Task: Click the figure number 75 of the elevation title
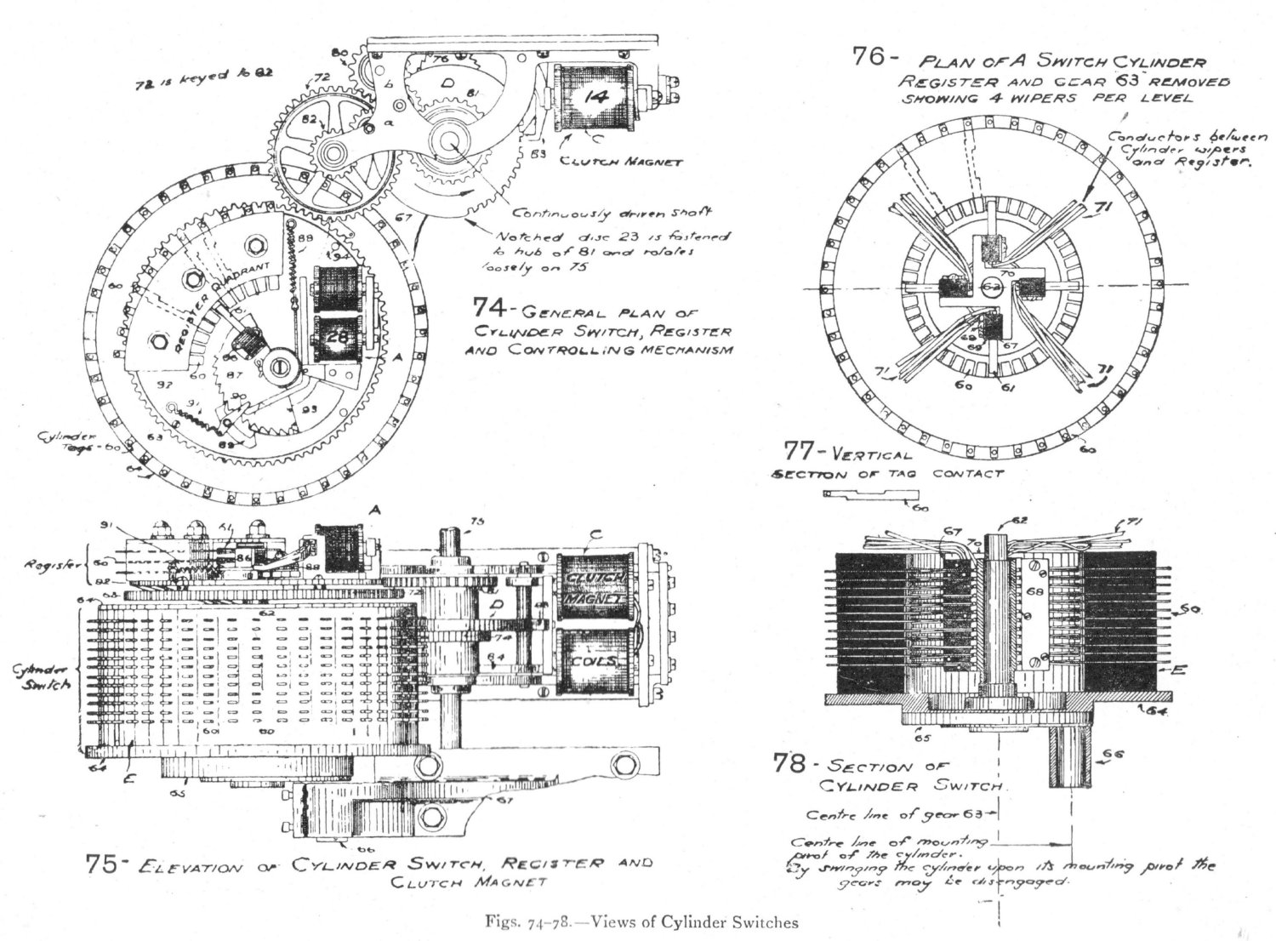tap(105, 864)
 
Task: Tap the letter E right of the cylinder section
tap(1177, 670)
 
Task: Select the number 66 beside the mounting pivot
tap(1112, 752)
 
